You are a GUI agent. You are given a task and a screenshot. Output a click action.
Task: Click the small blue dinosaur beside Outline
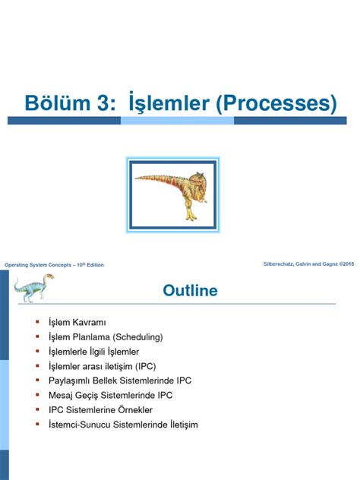pos(31,288)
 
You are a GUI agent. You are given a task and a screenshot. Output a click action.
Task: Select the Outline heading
pos(190,291)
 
